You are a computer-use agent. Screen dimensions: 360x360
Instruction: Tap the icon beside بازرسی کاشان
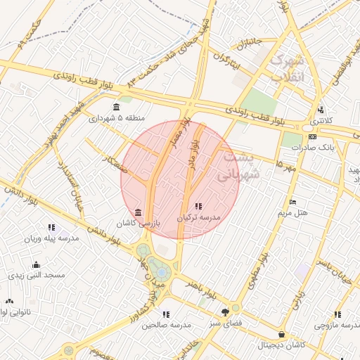point(138,212)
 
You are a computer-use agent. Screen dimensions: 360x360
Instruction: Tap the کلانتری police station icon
point(321,110)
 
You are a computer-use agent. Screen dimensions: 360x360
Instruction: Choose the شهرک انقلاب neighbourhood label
point(289,68)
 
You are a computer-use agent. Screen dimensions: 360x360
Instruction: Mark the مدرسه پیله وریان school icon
point(51,227)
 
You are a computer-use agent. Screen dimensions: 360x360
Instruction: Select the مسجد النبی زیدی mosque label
point(37,275)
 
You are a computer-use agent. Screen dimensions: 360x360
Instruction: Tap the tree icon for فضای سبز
point(225,311)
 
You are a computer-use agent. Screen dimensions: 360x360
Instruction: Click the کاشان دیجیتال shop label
point(282,345)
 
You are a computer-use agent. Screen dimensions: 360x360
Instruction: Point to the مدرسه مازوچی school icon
point(337,315)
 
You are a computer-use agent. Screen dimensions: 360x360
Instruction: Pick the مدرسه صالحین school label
point(166,325)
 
